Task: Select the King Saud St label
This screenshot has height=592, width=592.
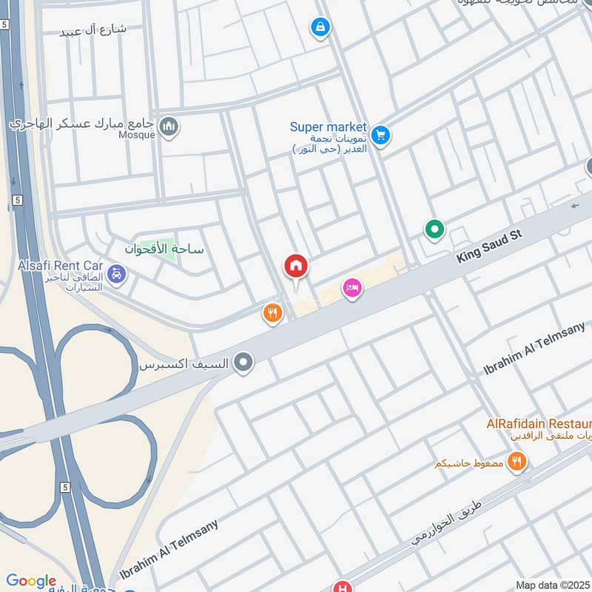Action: point(490,246)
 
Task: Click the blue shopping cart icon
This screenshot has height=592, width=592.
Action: point(380,136)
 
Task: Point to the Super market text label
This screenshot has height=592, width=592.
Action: point(328,127)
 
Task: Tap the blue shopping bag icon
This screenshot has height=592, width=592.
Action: point(320,28)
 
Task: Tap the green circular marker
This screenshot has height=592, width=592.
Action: point(434,231)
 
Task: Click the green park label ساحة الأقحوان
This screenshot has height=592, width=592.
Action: point(164,249)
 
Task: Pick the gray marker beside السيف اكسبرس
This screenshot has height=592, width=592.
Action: point(243,363)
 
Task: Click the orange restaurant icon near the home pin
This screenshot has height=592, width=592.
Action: point(272,314)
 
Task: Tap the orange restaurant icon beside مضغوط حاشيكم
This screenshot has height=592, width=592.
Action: point(517,462)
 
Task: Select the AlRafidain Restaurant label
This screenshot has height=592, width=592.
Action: point(538,424)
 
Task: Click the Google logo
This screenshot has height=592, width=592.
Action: point(30,581)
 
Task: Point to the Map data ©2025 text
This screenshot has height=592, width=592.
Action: point(551,585)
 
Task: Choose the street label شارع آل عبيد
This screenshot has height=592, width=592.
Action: point(95,30)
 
